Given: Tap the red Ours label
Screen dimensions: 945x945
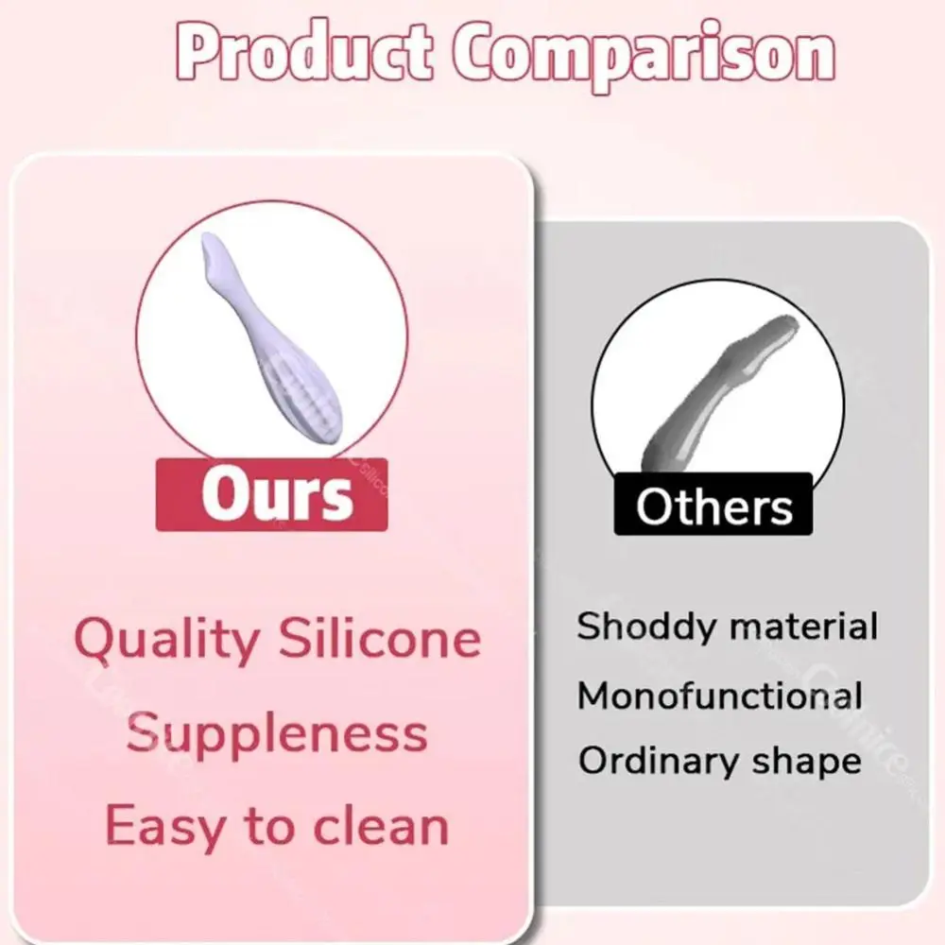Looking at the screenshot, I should pyautogui.click(x=272, y=494).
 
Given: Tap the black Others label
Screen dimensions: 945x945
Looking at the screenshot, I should pyautogui.click(x=713, y=507).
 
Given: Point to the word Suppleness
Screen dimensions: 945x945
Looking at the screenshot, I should pyautogui.click(x=277, y=733).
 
